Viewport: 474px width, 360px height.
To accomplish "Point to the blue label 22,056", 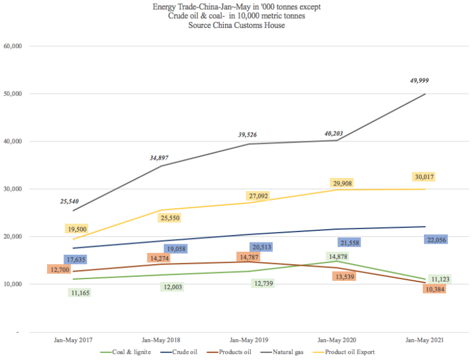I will tap(437, 239).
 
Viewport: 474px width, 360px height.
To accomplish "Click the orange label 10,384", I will tap(433, 288).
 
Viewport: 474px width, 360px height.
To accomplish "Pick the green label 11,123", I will tap(440, 279).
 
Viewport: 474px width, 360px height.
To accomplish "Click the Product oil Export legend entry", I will tap(350, 352).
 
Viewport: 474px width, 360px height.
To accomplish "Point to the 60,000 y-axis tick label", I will tap(12, 46).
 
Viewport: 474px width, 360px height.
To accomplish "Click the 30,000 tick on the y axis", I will tap(12, 189).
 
